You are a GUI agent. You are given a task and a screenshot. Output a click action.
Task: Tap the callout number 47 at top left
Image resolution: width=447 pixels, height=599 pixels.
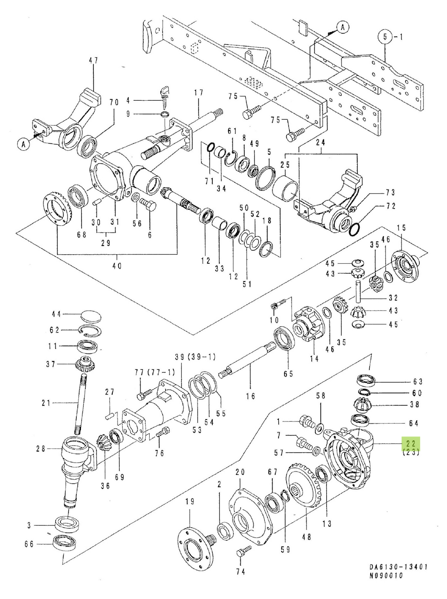(93, 60)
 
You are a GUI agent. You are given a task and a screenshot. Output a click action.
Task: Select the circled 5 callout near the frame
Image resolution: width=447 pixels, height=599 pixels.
(385, 37)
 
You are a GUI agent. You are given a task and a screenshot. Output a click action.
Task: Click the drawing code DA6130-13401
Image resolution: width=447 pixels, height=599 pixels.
(398, 567)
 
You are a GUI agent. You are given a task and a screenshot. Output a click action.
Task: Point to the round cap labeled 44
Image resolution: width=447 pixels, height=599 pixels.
(91, 317)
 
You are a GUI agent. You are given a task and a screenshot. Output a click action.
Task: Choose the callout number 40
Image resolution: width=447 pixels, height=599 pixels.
(117, 266)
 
